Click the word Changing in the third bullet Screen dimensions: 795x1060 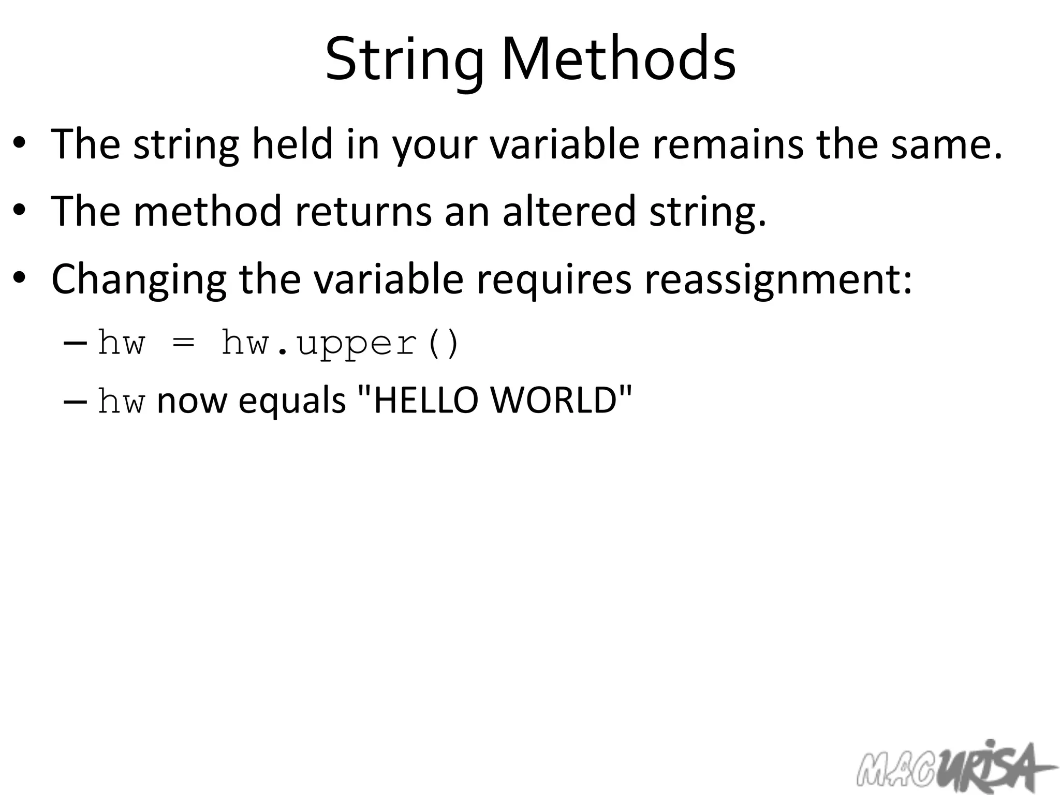pyautogui.click(x=139, y=279)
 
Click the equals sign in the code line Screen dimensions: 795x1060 pyautogui.click(x=184, y=343)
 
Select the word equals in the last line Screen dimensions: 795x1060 pyautogui.click(x=292, y=401)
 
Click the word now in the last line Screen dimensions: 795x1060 pyautogui.click(x=192, y=401)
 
